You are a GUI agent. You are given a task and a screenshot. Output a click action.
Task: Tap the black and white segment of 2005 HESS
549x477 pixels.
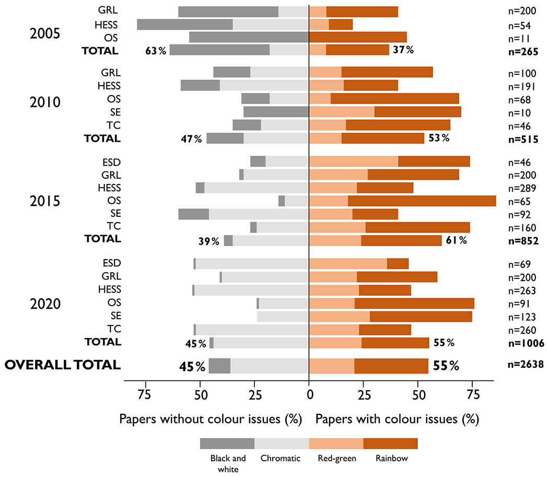[185, 25]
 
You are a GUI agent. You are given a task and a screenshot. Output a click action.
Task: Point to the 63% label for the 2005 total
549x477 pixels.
[156, 50]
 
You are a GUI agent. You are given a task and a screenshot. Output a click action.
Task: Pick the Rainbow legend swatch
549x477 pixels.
[390, 444]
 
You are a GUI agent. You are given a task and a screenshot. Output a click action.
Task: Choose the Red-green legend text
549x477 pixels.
[337, 459]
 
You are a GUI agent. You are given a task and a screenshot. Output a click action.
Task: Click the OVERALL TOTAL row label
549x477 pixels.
[63, 365]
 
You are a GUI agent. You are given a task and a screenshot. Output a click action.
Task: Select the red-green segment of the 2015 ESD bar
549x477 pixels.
[354, 161]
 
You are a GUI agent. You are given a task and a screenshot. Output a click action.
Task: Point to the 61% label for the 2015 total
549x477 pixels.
[456, 240]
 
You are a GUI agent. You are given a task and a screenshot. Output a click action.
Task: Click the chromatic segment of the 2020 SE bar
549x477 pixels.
[283, 316]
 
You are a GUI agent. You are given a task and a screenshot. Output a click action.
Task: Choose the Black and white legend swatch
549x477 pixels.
[227, 444]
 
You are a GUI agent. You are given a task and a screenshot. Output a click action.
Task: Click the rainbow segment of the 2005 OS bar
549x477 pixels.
[358, 38]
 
